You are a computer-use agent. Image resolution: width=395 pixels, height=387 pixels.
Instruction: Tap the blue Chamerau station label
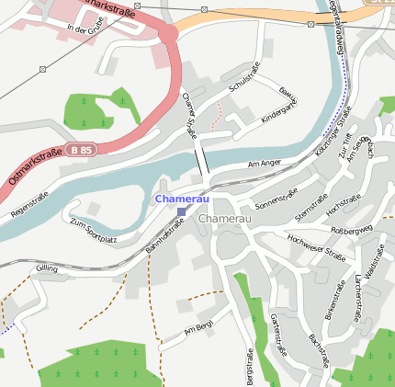pyautogui.click(x=182, y=199)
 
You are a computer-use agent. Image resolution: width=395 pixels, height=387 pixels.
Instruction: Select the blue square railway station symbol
pyautogui.click(x=181, y=211)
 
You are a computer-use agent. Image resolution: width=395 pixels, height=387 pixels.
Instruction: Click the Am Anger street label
pyautogui.click(x=265, y=165)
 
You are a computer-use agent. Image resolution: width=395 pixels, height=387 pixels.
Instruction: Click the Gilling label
pyautogui.click(x=46, y=268)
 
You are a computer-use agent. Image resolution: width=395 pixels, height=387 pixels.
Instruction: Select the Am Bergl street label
pyautogui.click(x=197, y=328)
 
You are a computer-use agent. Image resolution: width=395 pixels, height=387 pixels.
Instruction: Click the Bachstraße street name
pyautogui.click(x=319, y=352)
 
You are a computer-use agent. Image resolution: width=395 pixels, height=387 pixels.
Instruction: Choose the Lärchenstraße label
pyautogui.click(x=355, y=294)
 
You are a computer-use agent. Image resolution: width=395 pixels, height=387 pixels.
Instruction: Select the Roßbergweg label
pyautogui.click(x=351, y=228)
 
